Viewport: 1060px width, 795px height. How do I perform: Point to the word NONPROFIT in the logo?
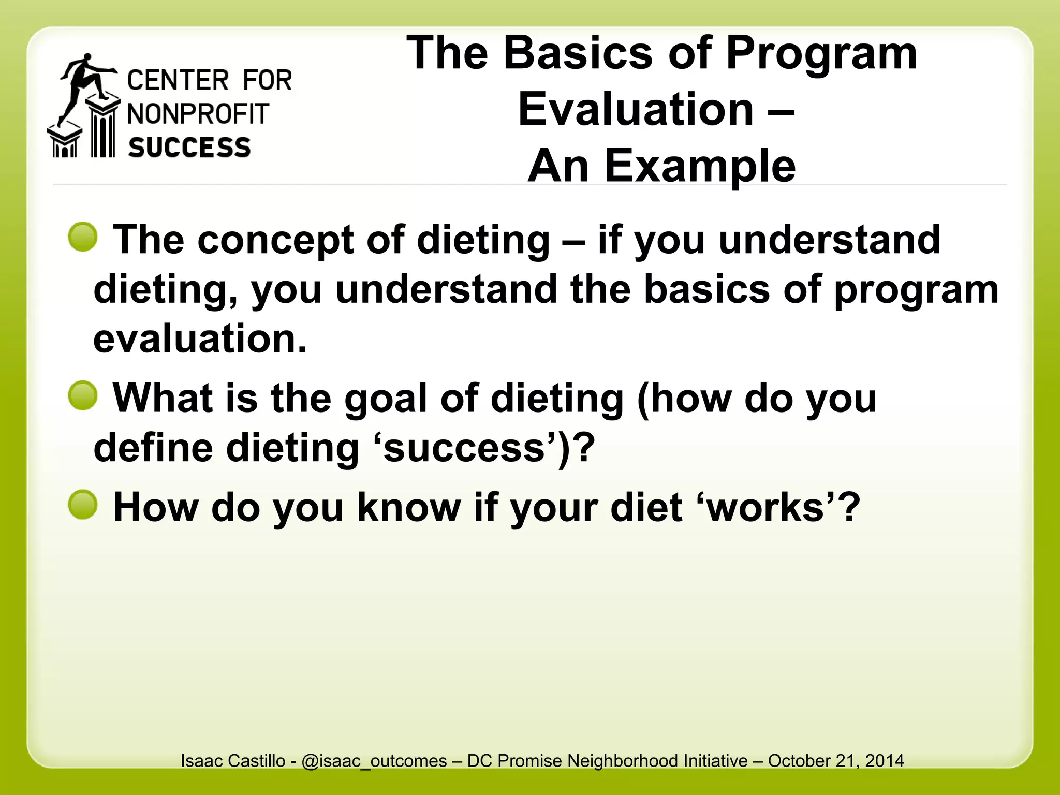click(198, 114)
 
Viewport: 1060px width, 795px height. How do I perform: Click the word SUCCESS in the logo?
click(189, 148)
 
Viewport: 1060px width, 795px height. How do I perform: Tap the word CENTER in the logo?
click(178, 81)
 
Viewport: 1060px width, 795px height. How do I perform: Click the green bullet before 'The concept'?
click(83, 237)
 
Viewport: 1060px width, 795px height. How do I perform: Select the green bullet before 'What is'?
click(83, 395)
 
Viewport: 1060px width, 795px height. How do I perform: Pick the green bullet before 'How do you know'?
click(83, 504)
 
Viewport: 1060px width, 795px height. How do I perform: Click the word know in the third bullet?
click(409, 507)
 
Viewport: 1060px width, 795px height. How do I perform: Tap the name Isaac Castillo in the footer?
click(233, 761)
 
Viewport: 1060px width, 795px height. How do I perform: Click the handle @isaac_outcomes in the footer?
click(374, 761)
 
